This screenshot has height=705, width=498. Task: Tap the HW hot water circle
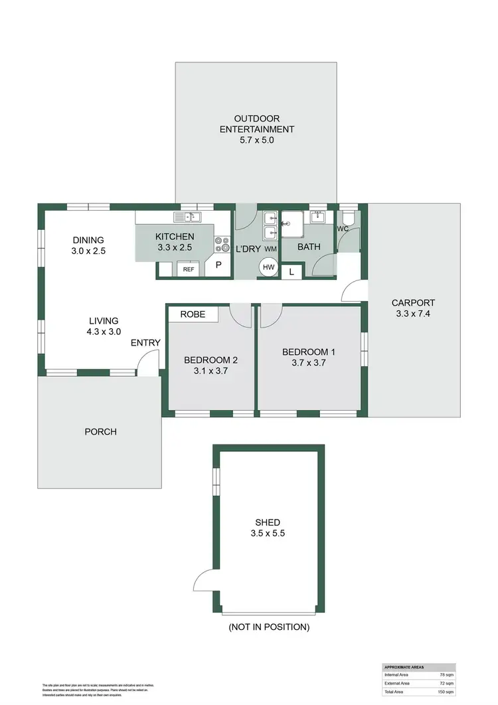(x=268, y=267)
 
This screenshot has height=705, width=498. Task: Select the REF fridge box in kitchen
(x=189, y=269)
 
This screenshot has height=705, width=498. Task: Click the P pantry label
(x=218, y=265)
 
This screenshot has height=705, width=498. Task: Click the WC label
(x=343, y=229)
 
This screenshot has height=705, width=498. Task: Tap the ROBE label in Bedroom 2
(x=193, y=314)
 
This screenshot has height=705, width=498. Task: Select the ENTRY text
(x=145, y=343)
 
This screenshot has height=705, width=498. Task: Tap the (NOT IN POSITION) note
(x=268, y=627)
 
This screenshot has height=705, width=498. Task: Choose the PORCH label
(x=100, y=432)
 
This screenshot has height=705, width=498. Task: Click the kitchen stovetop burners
(x=221, y=245)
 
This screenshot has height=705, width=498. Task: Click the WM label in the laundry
(x=270, y=249)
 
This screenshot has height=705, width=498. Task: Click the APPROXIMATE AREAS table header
(x=406, y=666)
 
